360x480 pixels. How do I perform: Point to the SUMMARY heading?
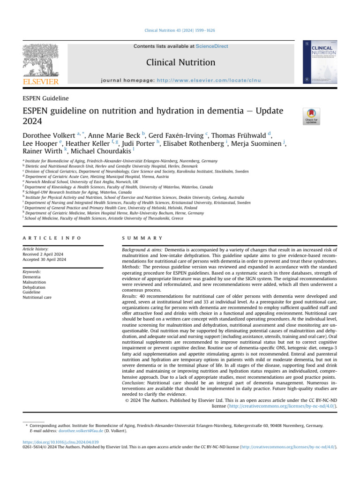coord(136,238)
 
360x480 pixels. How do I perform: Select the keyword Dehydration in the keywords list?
coord(34,287)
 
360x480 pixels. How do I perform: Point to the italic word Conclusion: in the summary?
coord(135,383)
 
